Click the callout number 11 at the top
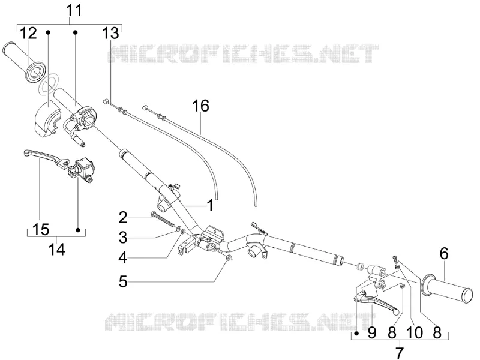74,10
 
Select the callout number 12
29,33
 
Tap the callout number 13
110,33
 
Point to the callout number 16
200,106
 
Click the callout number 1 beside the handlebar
211,205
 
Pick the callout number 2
123,218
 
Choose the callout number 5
123,281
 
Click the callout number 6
444,254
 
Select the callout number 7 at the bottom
400,353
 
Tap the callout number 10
415,332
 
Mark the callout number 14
57,249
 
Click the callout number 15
41,229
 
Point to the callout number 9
371,332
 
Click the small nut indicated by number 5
228,257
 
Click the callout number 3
123,238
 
